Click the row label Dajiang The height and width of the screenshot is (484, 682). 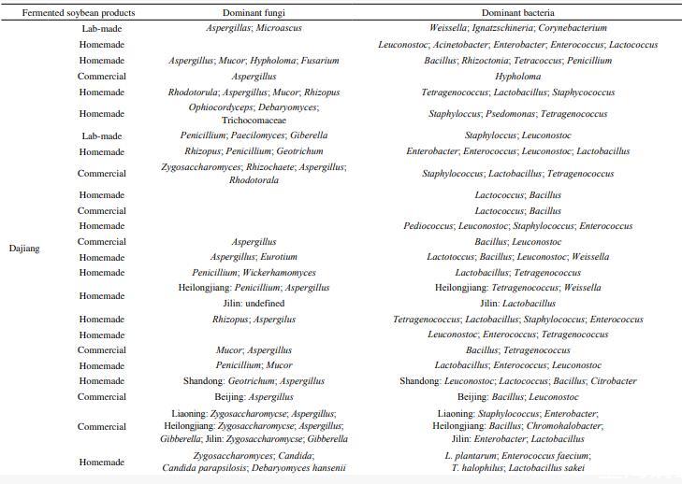(x=24, y=249)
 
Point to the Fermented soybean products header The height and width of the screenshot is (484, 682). (x=78, y=13)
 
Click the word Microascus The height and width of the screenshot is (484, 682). (x=278, y=28)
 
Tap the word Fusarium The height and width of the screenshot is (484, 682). (x=321, y=61)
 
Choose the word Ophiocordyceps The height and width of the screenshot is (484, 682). (x=220, y=107)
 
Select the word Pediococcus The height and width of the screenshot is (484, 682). (x=428, y=226)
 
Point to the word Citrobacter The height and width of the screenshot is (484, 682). (x=614, y=381)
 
